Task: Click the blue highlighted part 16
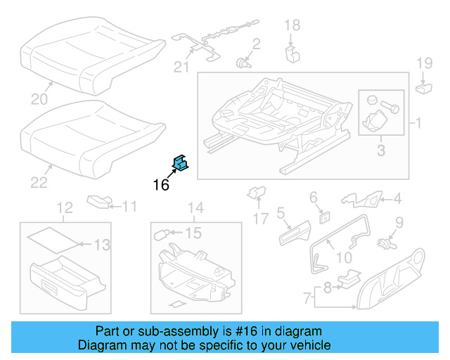pos(180,164)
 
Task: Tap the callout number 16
pos(161,185)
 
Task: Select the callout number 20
pos(37,98)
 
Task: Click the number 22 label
pos(39,183)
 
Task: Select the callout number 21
pos(182,67)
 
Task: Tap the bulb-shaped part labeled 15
pos(168,233)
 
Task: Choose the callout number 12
pos(64,207)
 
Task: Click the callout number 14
pos(195,207)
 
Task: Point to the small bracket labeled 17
pos(256,192)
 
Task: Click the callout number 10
pos(344,257)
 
